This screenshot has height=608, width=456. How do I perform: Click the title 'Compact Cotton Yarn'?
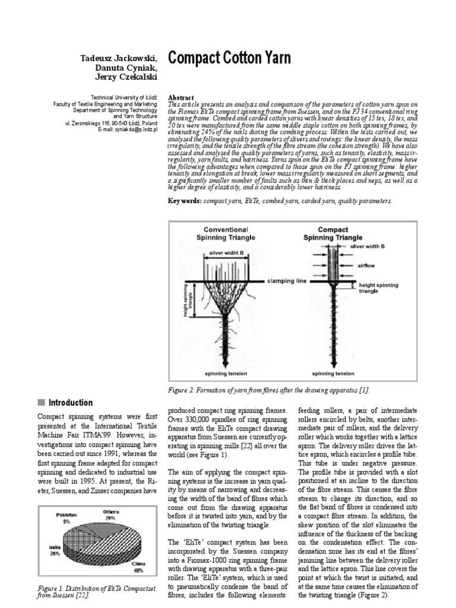pyautogui.click(x=230, y=58)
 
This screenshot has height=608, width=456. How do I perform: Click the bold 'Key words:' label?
pyautogui.click(x=185, y=201)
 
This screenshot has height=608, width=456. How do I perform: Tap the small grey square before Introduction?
pyautogui.click(x=41, y=403)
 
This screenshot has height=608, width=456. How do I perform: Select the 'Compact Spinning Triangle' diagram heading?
pyautogui.click(x=332, y=233)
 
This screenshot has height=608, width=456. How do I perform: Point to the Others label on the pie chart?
pyautogui.click(x=109, y=512)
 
